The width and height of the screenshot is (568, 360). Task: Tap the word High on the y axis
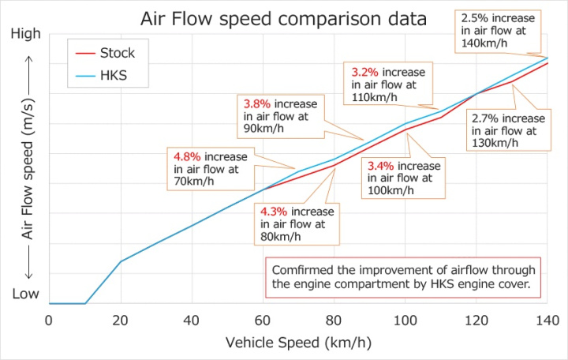click(27, 35)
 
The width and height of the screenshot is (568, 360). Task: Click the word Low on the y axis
click(25, 294)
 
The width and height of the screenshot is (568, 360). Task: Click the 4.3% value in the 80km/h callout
click(275, 212)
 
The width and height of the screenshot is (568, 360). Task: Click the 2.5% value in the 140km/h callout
click(472, 17)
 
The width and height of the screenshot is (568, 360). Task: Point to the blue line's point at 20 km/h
click(120, 261)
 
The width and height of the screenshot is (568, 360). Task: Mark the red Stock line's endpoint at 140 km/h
click(547, 63)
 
